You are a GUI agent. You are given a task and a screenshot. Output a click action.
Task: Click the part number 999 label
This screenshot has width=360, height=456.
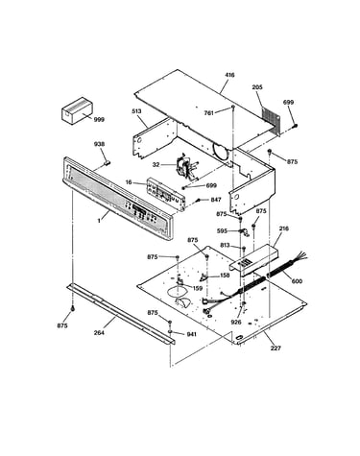click(x=99, y=120)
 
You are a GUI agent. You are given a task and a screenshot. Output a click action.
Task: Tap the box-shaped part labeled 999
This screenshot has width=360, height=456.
click(x=77, y=110)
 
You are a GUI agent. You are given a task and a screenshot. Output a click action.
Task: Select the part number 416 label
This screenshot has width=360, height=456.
click(x=229, y=75)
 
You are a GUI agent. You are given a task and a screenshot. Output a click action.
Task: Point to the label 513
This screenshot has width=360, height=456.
click(x=136, y=111)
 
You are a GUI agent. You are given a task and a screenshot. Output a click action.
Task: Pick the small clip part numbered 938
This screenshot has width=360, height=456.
click(x=108, y=162)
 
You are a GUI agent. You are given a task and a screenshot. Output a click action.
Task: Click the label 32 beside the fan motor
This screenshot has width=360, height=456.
click(x=156, y=165)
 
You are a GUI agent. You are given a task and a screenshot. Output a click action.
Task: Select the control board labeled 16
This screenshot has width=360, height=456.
click(x=166, y=195)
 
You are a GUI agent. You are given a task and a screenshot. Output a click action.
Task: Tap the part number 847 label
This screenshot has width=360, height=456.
click(x=216, y=200)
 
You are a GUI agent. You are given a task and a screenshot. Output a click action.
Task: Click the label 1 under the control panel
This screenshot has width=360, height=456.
click(x=99, y=221)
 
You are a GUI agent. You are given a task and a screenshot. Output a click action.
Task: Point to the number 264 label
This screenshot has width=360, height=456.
click(x=99, y=333)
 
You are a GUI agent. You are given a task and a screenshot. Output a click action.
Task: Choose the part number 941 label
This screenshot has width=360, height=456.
click(x=191, y=334)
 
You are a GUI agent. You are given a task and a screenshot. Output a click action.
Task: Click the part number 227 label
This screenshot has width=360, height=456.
click(x=276, y=348)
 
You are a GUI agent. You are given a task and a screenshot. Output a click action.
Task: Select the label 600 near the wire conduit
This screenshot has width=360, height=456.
click(x=297, y=281)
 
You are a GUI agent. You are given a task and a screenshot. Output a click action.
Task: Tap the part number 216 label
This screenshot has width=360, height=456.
click(x=284, y=228)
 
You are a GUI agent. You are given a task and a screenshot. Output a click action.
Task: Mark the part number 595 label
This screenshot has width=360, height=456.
click(x=222, y=230)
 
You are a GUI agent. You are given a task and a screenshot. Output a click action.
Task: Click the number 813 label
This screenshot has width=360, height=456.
click(x=225, y=246)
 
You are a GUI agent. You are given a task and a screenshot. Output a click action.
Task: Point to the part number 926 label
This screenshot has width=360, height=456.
click(x=236, y=323)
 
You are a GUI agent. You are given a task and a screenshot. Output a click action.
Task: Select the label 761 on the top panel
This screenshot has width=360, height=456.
click(x=209, y=112)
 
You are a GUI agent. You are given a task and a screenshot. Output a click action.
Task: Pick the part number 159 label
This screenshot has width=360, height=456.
click(x=198, y=288)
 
